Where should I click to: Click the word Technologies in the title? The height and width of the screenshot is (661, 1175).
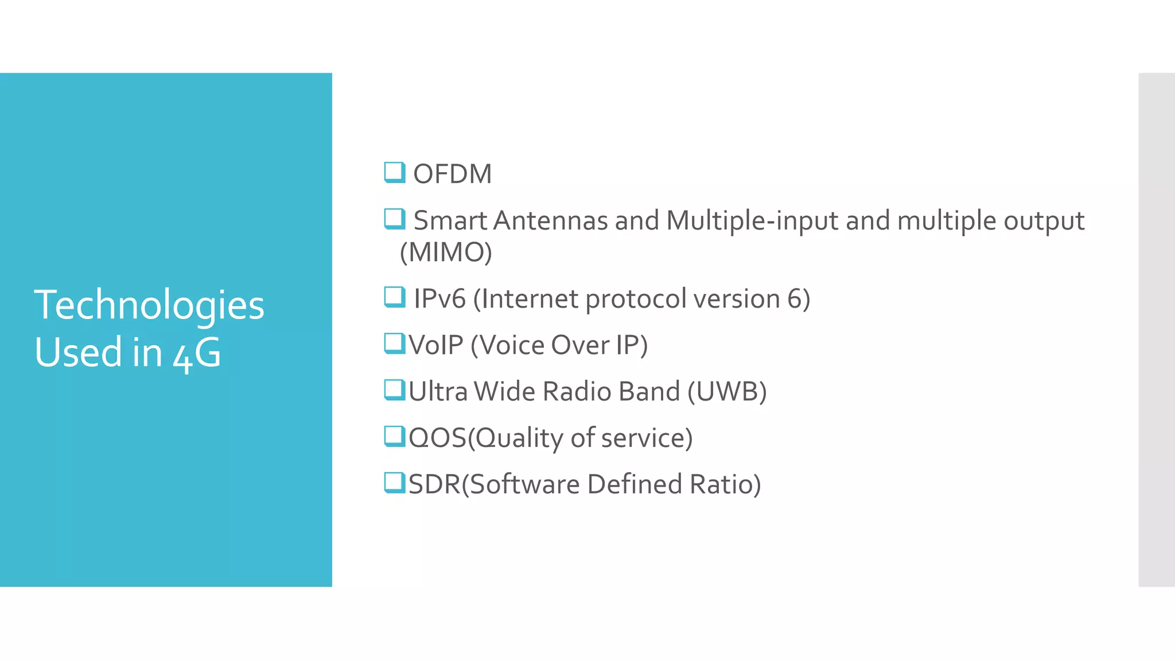pyautogui.click(x=149, y=305)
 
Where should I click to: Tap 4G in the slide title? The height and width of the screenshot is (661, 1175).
pyautogui.click(x=197, y=353)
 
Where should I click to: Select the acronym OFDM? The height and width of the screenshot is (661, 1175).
pyautogui.click(x=452, y=174)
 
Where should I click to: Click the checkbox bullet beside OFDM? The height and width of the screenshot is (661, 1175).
pyautogui.click(x=395, y=172)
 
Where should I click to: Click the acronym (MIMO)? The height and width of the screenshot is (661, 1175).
pyautogui.click(x=446, y=252)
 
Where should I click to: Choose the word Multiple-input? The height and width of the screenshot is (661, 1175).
pyautogui.click(x=752, y=220)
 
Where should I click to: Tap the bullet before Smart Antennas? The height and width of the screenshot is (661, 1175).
pyautogui.click(x=395, y=219)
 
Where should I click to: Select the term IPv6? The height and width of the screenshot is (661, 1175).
pyautogui.click(x=439, y=299)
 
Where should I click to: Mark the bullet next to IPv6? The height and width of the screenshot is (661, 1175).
pyautogui.click(x=395, y=297)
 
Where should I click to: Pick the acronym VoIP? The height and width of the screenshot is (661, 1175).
pyautogui.click(x=436, y=345)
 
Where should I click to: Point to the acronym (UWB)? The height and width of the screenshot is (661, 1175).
pyautogui.click(x=727, y=392)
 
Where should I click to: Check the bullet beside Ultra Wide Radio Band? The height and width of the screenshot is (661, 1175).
pyautogui.click(x=395, y=390)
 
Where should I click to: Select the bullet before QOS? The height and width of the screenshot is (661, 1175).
pyautogui.click(x=395, y=436)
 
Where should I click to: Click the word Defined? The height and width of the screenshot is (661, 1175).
pyautogui.click(x=635, y=484)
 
